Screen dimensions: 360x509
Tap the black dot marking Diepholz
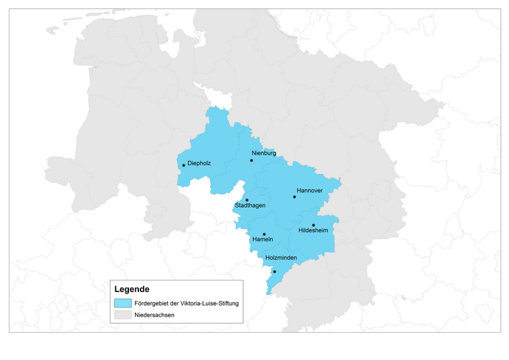(x=183, y=165)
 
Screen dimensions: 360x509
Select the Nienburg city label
(x=264, y=154)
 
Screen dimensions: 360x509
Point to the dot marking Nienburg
(x=251, y=161)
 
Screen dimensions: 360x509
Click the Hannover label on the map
(x=309, y=191)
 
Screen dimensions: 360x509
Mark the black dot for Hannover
(x=295, y=197)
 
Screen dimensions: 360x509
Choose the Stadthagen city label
(x=250, y=205)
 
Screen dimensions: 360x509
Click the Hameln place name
(x=263, y=240)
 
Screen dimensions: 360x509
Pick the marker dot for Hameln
(x=264, y=234)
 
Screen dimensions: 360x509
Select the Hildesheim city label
(x=314, y=231)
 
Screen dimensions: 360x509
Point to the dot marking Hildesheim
(x=314, y=225)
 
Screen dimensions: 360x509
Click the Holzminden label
(x=280, y=257)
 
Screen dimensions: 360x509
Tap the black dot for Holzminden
(x=274, y=272)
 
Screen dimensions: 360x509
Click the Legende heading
(x=132, y=289)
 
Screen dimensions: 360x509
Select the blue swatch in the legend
(x=123, y=303)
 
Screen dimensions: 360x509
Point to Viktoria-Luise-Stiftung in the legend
(x=210, y=303)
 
